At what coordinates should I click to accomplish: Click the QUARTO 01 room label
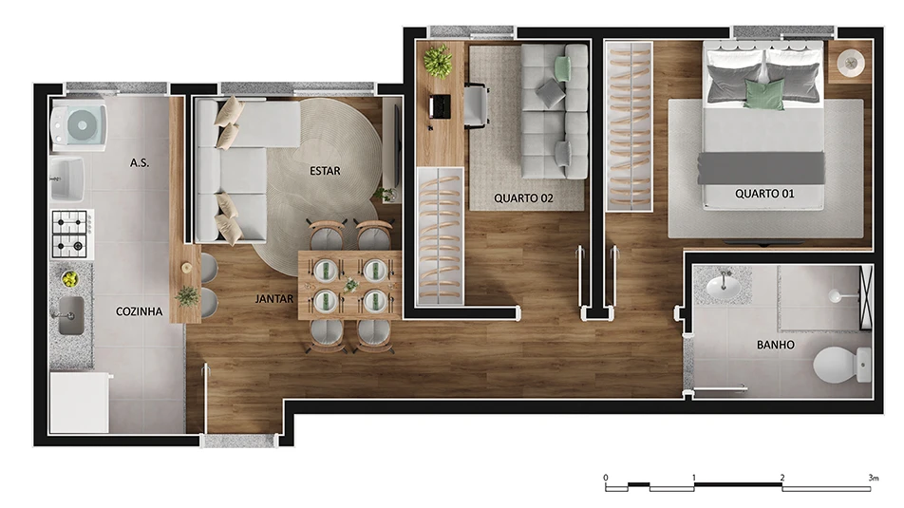pos(764,194)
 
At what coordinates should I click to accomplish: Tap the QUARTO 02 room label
pos(524,198)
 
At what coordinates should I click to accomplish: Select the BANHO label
pos(776,345)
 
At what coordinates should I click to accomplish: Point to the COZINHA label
pos(139,310)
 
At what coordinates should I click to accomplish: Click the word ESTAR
pos(325,171)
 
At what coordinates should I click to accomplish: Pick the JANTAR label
pos(274,298)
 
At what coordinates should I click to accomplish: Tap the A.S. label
pos(140,162)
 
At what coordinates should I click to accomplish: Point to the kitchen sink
pos(71,315)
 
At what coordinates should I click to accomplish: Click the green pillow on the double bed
pos(763,94)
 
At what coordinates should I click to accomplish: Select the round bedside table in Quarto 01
pos(849,63)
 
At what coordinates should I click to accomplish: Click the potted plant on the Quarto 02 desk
pos(438,62)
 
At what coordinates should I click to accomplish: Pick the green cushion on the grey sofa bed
pos(563,68)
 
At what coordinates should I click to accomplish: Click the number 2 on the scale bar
pos(782,477)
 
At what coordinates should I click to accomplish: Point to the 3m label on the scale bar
pos(873,477)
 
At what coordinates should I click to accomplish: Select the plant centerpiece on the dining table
pos(350,285)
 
